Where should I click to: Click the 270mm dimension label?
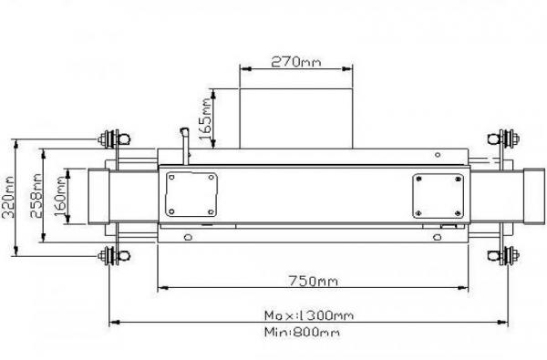tap(296, 62)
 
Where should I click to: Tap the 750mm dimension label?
tap(314, 281)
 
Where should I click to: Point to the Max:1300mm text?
tap(309, 315)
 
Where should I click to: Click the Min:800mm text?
tap(302, 332)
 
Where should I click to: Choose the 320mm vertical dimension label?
tap(8, 197)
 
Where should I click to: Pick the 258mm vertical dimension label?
tap(36, 195)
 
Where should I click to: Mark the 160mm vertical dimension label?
tap(60, 196)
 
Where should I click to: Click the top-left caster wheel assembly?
tap(114, 139)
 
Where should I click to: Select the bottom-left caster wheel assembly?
tap(114, 256)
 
